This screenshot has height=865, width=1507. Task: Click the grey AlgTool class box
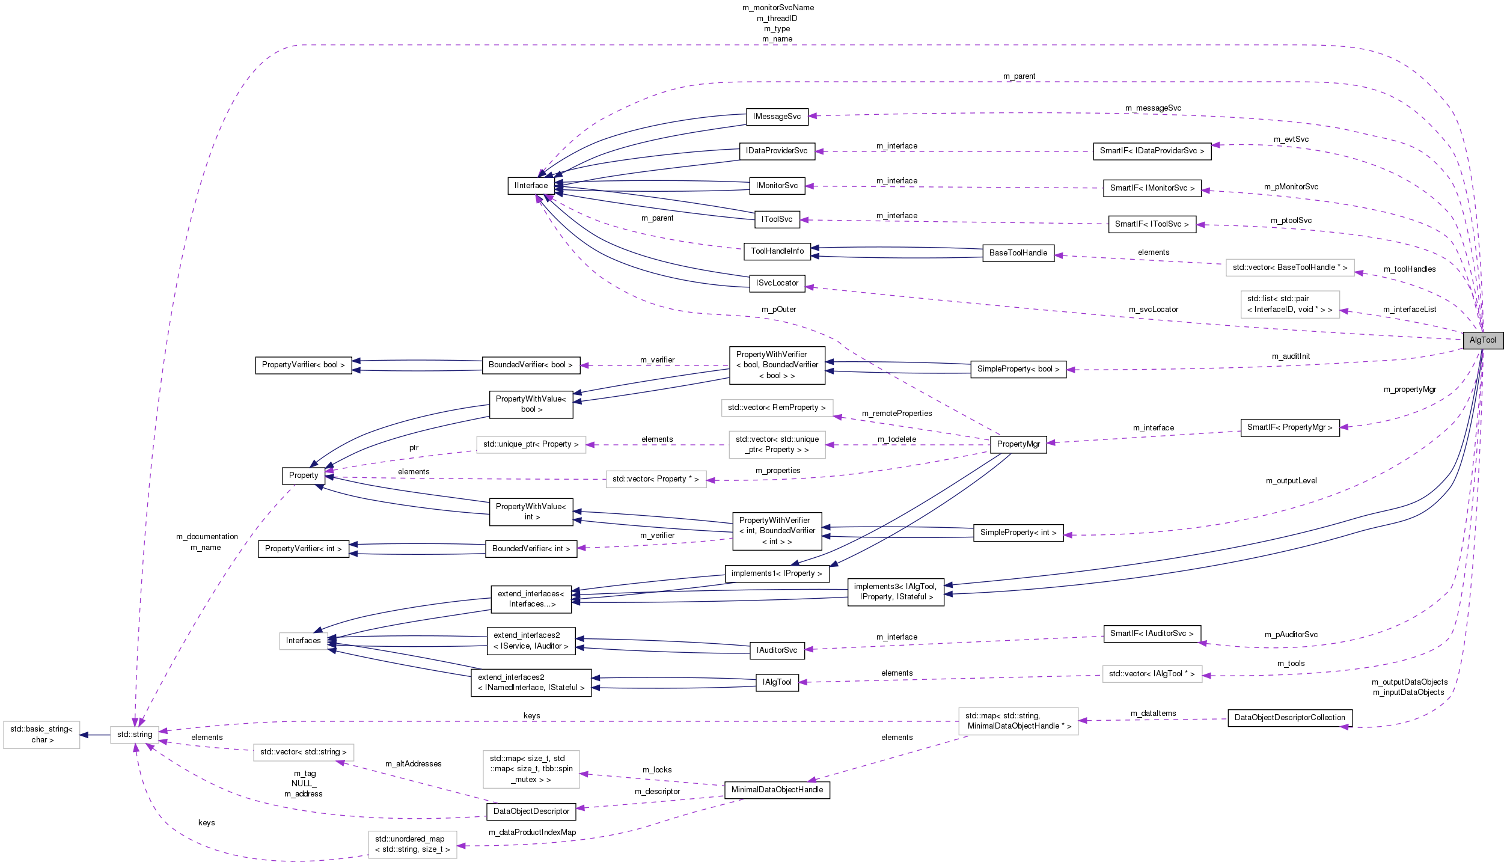(1482, 340)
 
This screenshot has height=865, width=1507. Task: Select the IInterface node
(531, 186)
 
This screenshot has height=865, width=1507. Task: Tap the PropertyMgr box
(1018, 444)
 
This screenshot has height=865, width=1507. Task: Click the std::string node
(135, 735)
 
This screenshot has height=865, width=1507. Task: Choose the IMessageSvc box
(777, 117)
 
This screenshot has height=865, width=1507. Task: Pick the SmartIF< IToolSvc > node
(1151, 224)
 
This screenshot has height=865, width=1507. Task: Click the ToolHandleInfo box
(777, 251)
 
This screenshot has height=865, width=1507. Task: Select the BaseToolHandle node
(1018, 253)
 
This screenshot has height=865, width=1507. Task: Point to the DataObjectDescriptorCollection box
(1289, 718)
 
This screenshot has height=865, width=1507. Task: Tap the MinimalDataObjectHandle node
(777, 790)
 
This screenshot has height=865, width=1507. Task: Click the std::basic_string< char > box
(41, 735)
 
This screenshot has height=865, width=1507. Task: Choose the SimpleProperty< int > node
(1018, 533)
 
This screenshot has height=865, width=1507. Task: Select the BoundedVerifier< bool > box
(530, 365)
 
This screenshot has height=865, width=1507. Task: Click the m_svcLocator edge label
(1153, 310)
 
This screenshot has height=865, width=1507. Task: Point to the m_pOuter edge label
(778, 310)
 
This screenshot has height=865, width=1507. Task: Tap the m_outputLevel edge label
(1291, 481)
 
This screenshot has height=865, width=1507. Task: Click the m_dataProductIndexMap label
(532, 833)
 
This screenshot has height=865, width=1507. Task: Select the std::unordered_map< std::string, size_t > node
(412, 845)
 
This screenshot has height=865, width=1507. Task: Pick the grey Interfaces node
(303, 641)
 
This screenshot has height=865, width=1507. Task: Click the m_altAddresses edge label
(413, 764)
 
